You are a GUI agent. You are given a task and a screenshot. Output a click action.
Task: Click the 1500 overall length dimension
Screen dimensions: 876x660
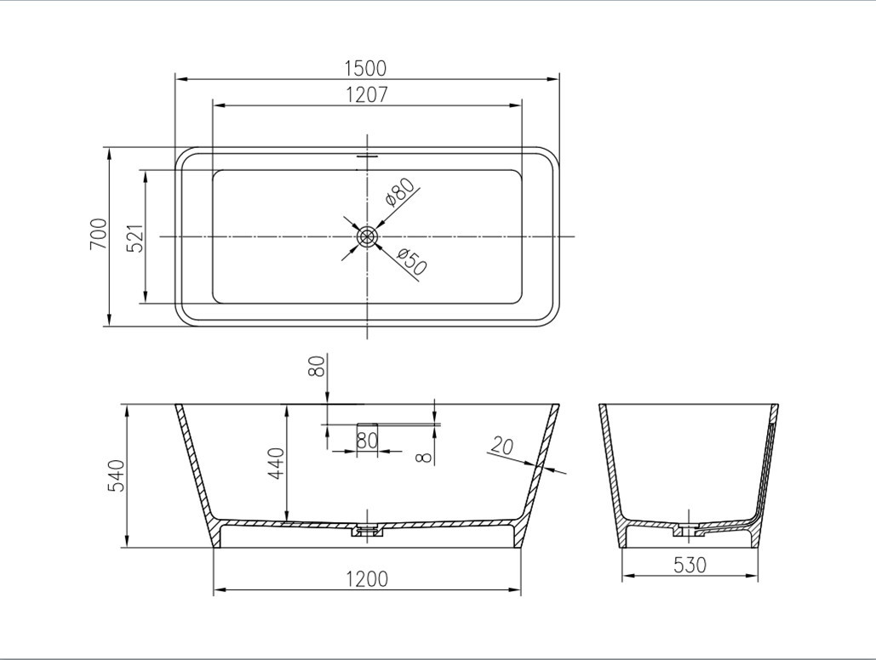click(365, 68)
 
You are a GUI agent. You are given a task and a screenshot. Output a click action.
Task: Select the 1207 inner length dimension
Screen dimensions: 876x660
click(366, 95)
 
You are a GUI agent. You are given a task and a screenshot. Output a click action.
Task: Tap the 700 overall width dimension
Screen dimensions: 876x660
click(99, 234)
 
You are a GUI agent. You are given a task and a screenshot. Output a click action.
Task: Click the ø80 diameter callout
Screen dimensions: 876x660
click(399, 192)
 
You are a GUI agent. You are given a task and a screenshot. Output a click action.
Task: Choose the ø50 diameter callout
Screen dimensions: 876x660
click(412, 261)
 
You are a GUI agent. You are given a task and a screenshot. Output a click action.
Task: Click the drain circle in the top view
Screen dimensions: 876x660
click(367, 236)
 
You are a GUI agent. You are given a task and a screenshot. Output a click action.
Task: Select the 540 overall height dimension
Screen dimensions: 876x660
click(116, 475)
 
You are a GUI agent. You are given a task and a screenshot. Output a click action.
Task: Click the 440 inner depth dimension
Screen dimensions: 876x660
click(277, 464)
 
